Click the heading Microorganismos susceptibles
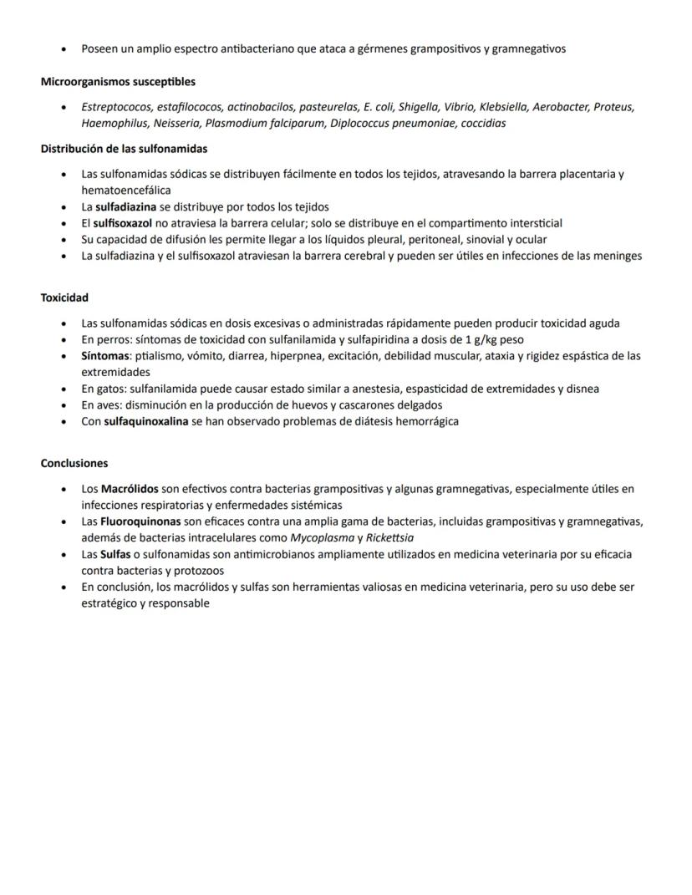click(x=118, y=82)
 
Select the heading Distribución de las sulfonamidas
click(x=124, y=149)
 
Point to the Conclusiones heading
click(x=74, y=463)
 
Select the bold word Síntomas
click(x=104, y=356)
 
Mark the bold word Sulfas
click(x=115, y=554)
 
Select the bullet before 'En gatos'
click(x=64, y=389)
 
